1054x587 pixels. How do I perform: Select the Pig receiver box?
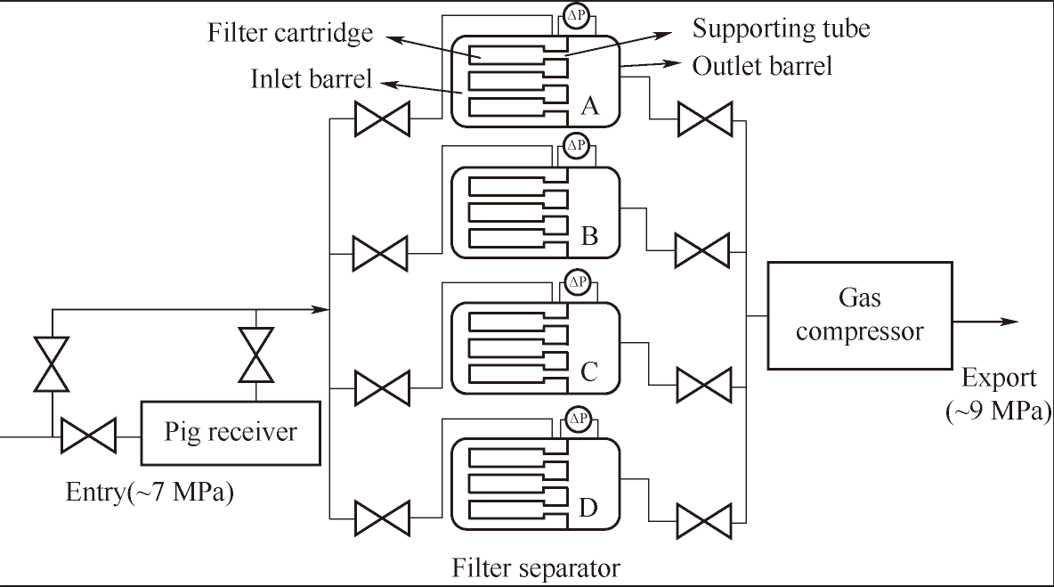click(x=231, y=433)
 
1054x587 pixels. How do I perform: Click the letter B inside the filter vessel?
click(x=588, y=236)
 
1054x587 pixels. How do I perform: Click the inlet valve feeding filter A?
click(x=381, y=118)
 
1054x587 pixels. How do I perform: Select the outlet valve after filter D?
click(x=704, y=519)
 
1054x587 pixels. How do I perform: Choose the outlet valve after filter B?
click(x=702, y=250)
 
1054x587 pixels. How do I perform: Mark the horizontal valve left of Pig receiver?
click(x=87, y=436)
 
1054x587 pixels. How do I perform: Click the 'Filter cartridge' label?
click(x=290, y=34)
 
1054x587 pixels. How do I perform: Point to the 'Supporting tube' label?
click(x=781, y=29)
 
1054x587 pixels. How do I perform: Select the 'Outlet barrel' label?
click(x=762, y=65)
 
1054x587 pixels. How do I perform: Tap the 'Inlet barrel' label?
click(x=311, y=79)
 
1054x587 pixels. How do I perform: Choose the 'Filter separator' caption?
click(x=536, y=567)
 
